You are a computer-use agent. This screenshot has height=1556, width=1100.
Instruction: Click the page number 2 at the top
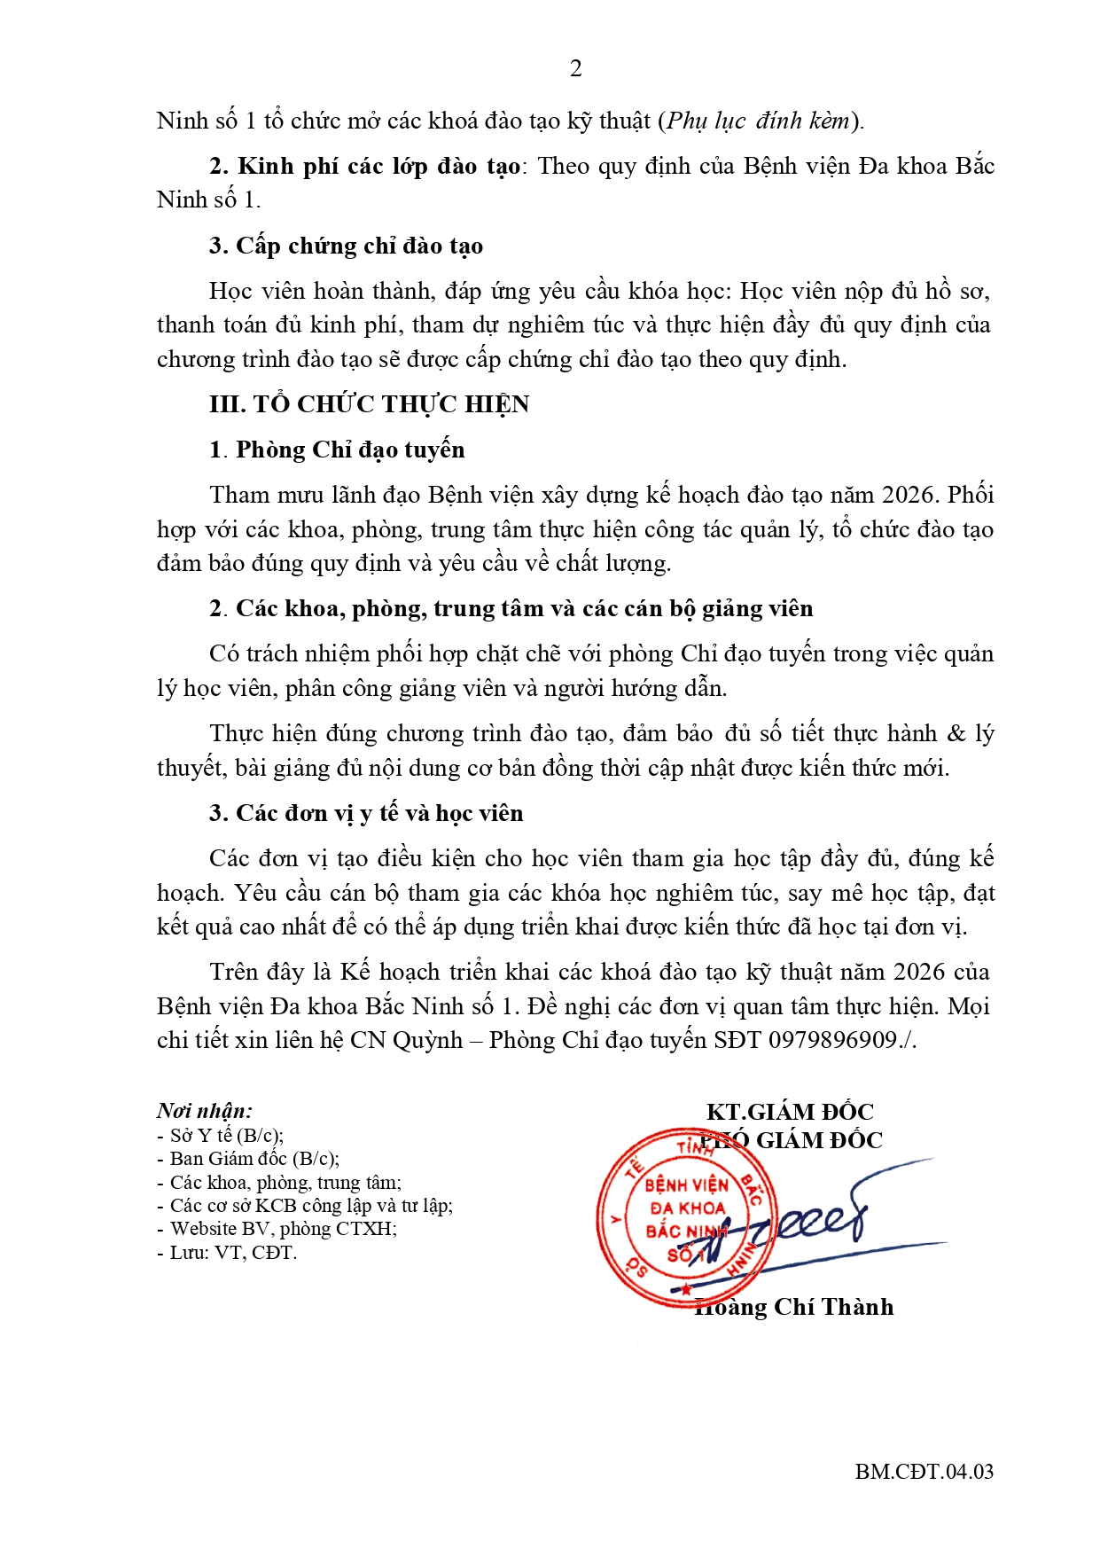pos(575,68)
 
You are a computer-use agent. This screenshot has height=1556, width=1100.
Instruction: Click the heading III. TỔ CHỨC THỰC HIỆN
pos(369,404)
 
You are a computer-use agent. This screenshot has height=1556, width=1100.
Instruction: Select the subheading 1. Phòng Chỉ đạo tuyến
pos(337,450)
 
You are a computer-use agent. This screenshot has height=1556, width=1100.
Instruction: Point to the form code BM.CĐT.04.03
pos(924,1472)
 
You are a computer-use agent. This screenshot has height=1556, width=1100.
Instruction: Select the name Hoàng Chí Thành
pos(793,1307)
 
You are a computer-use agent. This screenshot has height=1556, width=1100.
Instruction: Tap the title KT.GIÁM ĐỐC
pos(790,1112)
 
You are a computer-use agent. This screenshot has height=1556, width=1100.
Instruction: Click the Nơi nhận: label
pos(205,1111)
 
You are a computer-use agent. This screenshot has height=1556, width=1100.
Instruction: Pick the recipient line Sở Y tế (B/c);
pos(221,1136)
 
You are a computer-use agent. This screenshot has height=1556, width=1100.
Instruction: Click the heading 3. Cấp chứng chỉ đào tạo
pos(347,246)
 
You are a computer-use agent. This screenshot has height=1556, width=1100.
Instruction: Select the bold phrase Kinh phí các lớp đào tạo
pos(378,167)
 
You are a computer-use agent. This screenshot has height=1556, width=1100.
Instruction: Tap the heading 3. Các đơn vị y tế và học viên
pos(366,813)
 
